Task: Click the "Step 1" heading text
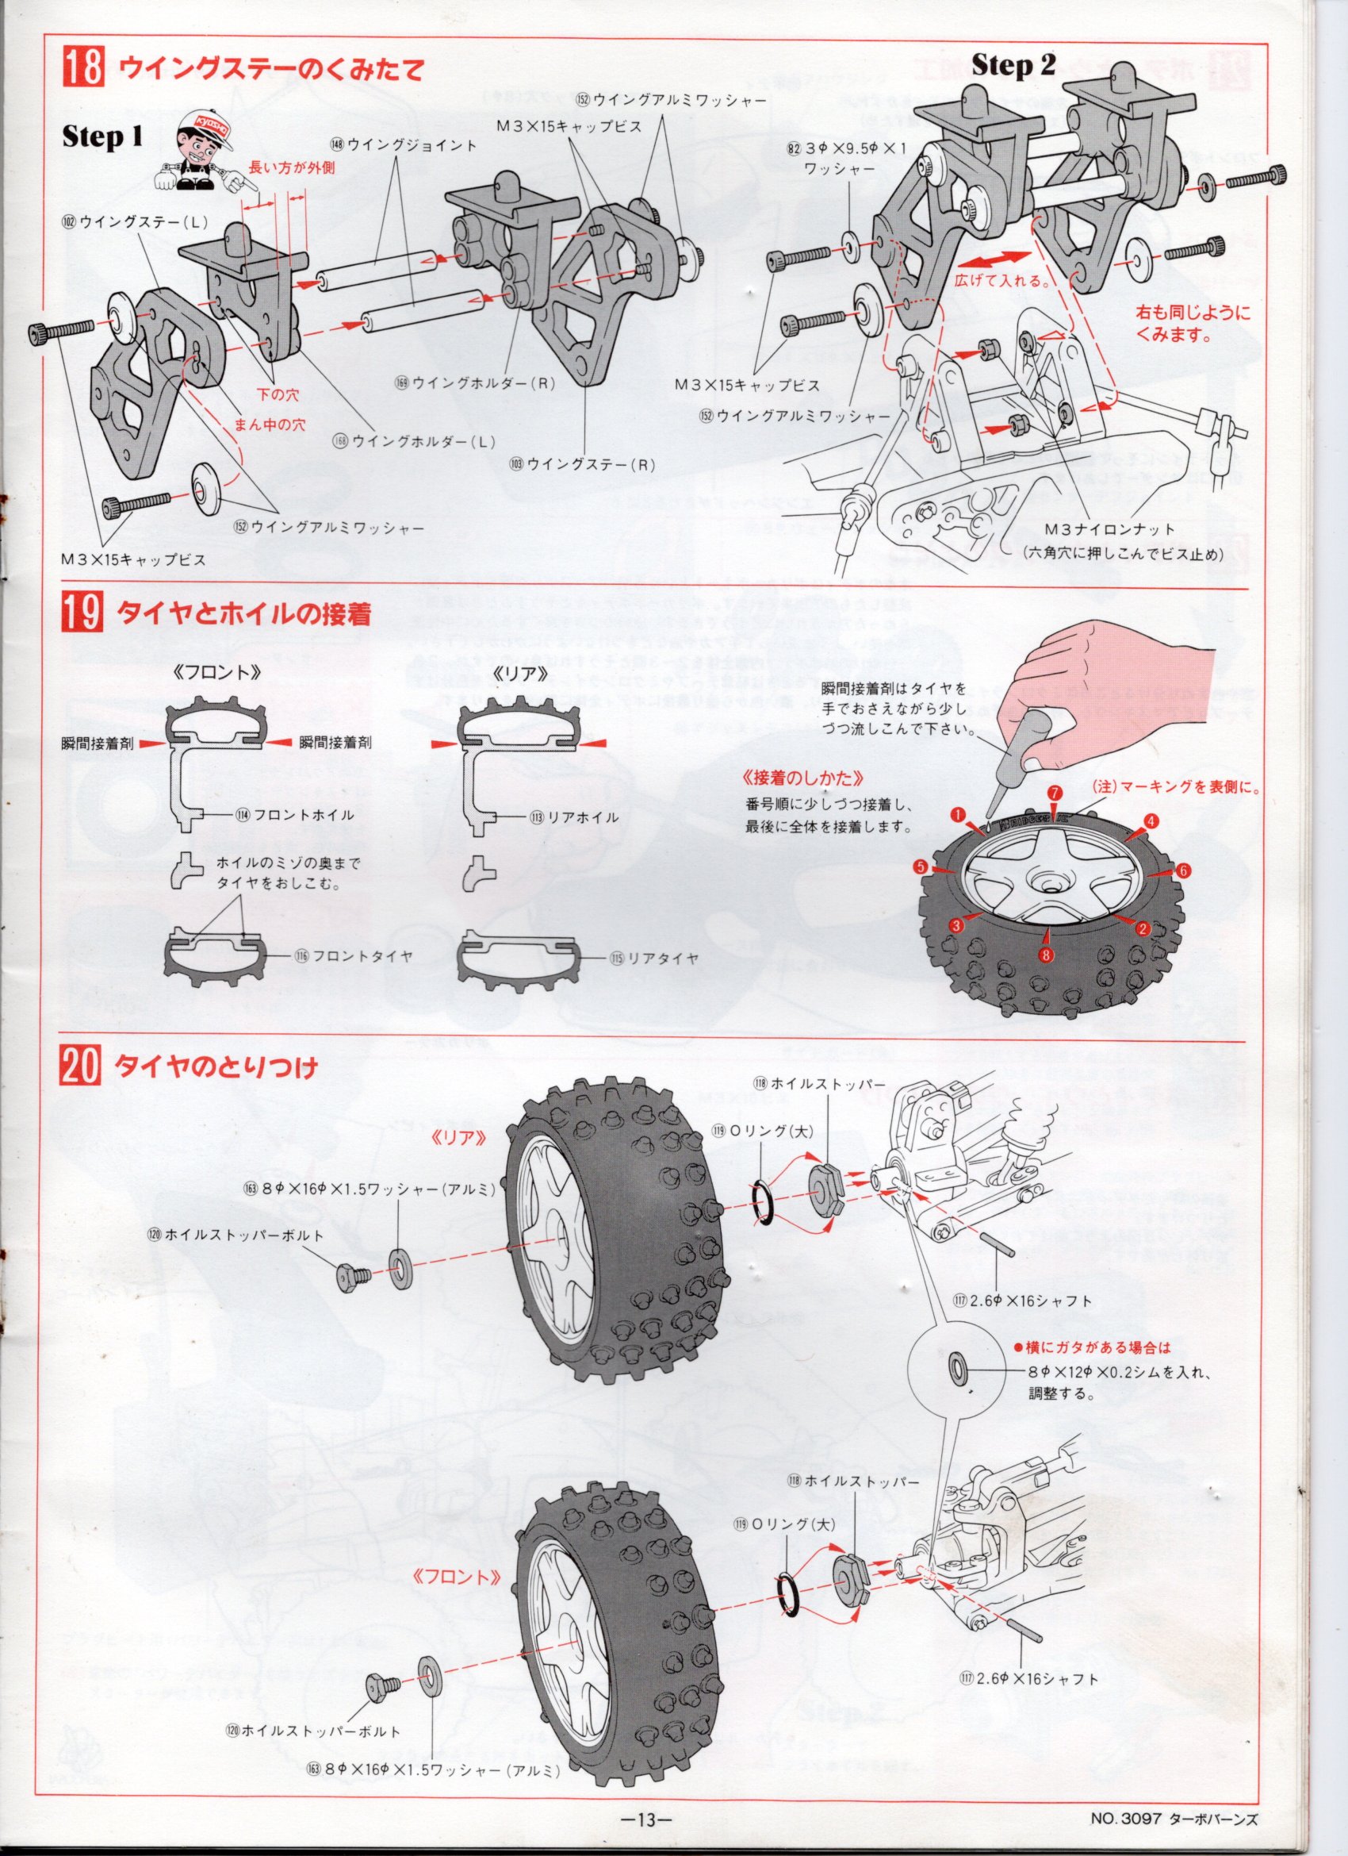pyautogui.click(x=102, y=136)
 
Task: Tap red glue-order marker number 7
pyautogui.click(x=1055, y=793)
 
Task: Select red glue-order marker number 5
pyautogui.click(x=921, y=866)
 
